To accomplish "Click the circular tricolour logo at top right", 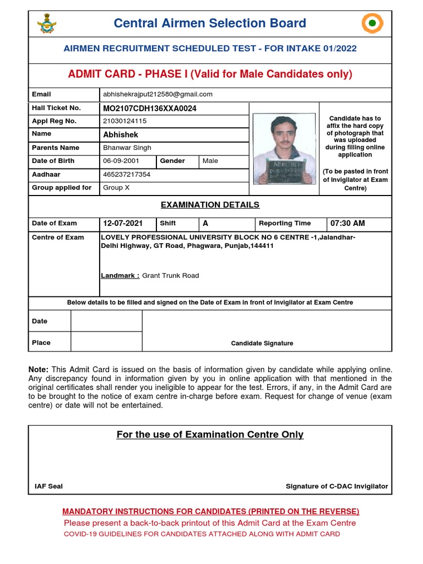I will coord(372,24).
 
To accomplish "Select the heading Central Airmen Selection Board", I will coord(209,23).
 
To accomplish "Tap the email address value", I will coord(158,94).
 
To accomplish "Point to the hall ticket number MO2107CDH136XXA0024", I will coord(150,108).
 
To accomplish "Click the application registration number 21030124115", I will coord(125,121).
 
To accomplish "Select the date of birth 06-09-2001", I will coord(121,161).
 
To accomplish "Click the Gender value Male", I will coord(210,161).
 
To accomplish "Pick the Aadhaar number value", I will coord(127,175).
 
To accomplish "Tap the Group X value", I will coord(117,188).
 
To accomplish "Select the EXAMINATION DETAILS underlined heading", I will coord(210,205).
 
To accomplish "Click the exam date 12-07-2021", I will coord(123,223).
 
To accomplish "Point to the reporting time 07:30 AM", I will coord(348,223).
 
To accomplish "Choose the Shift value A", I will coord(205,223).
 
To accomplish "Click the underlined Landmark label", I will coord(120,275).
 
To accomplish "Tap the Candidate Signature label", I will coord(262,343).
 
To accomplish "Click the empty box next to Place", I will coord(106,342).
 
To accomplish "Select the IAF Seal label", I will coord(48,486).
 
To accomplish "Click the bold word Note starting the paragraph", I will coord(39,369).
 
